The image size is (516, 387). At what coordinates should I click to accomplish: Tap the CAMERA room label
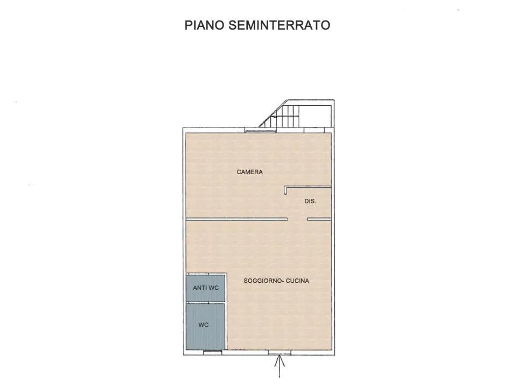(250, 172)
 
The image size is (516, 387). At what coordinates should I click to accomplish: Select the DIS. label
(310, 202)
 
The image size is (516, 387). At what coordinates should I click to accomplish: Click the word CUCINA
(298, 281)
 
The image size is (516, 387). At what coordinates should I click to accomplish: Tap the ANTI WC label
(206, 288)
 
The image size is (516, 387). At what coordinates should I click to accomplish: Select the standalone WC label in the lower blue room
(203, 325)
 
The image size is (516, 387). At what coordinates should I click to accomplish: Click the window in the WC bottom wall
(212, 352)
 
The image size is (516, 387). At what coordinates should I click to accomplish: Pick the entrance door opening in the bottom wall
(279, 353)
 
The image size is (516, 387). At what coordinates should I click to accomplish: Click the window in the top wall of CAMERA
(259, 130)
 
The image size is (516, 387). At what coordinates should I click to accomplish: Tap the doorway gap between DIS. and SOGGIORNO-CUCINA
(297, 219)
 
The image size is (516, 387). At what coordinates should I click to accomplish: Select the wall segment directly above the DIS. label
(308, 188)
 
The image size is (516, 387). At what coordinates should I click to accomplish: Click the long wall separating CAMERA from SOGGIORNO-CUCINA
(236, 219)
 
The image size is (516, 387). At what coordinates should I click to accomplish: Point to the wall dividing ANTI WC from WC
(205, 303)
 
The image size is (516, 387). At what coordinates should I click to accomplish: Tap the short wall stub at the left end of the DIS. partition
(285, 191)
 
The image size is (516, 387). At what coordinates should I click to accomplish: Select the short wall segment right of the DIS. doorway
(319, 219)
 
